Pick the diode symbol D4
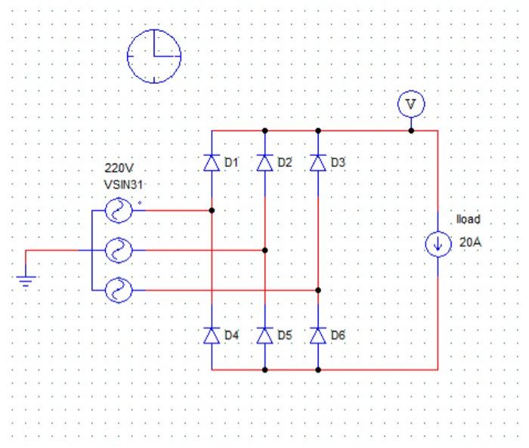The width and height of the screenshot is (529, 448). pos(212,335)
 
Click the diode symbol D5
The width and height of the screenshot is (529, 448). pos(264,335)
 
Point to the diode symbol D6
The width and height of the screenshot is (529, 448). pos(318,335)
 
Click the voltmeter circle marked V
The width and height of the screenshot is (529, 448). pos(411,105)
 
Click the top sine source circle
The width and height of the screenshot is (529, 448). pos(118,212)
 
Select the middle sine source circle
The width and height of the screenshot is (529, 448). pos(118,250)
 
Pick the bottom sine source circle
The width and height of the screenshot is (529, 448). pos(118,289)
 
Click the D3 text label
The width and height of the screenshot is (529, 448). pos(338,163)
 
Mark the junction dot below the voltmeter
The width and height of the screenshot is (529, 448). pos(411,131)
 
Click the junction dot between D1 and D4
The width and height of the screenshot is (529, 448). pos(212,211)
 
